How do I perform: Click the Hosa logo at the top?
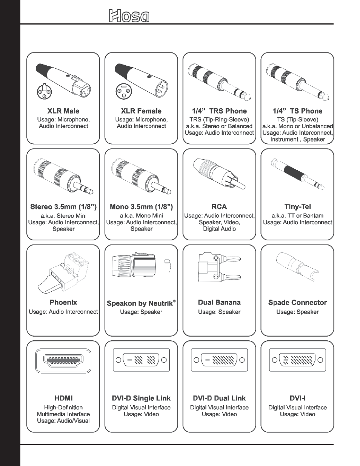coord(129,16)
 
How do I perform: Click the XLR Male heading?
coord(63,111)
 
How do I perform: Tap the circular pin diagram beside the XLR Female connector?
coord(122,92)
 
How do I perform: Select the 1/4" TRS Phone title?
coord(219,111)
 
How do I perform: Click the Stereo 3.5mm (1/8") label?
coord(63,207)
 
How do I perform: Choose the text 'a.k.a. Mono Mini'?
coord(142,216)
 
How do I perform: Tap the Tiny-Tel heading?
coord(297,207)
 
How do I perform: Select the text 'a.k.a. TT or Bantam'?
coord(297,216)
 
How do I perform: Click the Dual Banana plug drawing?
coord(219,268)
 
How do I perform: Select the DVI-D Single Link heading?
coord(141,398)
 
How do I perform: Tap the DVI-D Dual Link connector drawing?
coord(219,360)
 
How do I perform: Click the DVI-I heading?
coord(297,398)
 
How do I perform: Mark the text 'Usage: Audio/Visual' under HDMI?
coord(63,421)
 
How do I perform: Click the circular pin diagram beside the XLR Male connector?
coord(44,92)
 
